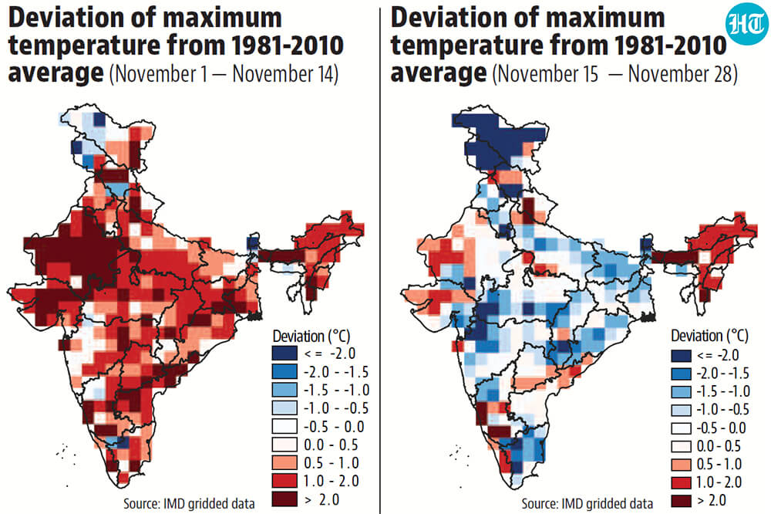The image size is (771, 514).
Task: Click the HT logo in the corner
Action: [746, 23]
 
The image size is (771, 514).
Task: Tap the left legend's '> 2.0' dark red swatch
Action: [284, 499]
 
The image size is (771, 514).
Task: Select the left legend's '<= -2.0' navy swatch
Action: [284, 353]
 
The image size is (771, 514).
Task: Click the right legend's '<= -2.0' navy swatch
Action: [681, 355]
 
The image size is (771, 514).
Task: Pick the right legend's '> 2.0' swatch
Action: [681, 501]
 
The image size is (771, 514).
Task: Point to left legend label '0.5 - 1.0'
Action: [331, 463]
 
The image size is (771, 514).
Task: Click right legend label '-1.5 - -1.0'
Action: [723, 391]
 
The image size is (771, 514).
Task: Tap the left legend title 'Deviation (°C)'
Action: [311, 336]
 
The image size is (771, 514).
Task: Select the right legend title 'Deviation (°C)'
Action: [709, 336]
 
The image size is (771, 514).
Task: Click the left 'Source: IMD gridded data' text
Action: [190, 504]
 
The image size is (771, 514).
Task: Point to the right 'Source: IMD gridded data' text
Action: [587, 504]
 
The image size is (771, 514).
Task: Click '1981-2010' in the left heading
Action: [287, 46]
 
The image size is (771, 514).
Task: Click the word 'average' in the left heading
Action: [56, 74]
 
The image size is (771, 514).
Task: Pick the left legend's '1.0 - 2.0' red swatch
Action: [284, 481]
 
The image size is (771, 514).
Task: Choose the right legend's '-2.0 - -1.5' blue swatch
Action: [681, 374]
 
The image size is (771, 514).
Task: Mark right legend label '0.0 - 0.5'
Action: [719, 446]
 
